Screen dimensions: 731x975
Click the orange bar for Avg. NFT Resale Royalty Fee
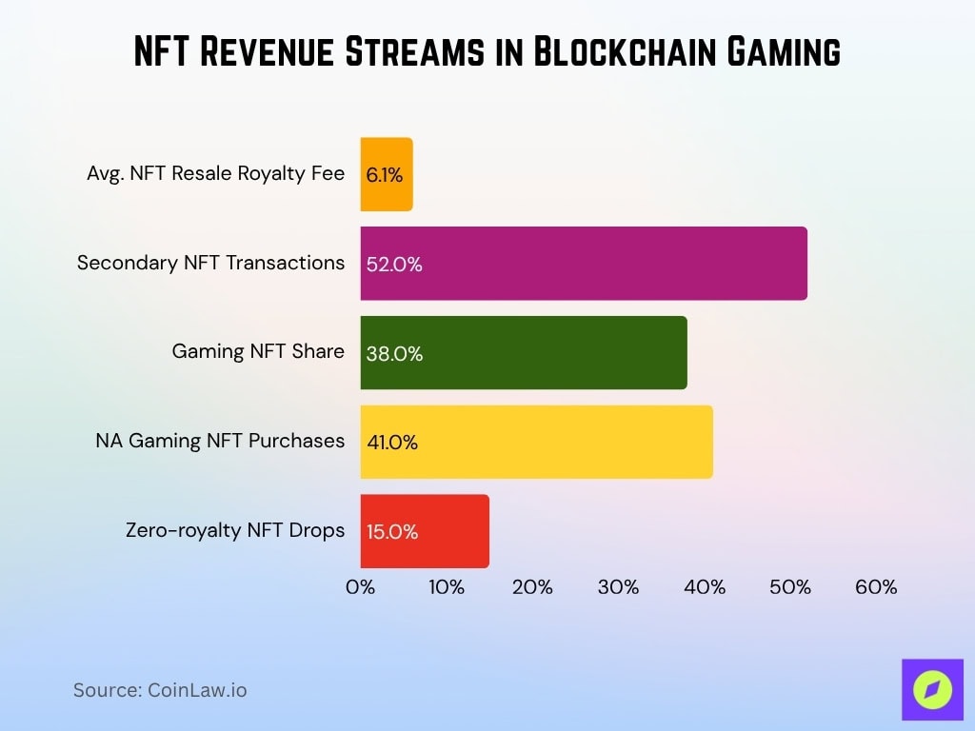[387, 174]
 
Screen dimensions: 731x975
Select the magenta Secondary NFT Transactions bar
[583, 264]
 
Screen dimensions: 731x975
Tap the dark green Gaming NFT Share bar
[523, 353]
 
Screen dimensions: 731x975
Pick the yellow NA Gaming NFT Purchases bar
[536, 442]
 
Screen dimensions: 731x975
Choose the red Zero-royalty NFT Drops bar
[425, 531]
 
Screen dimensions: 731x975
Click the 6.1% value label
[385, 176]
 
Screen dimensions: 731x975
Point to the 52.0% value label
[393, 266]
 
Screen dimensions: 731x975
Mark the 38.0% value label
[393, 354]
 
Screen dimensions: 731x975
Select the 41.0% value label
[392, 443]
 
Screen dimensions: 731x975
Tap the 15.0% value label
[392, 532]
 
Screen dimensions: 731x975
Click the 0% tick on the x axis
[360, 587]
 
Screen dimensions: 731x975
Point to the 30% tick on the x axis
[618, 587]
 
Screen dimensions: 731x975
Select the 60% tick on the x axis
[875, 587]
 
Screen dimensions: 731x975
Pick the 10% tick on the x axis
[446, 587]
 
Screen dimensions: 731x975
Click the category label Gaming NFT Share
[257, 351]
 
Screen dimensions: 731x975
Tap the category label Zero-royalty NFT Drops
[235, 530]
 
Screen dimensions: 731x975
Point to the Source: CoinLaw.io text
[160, 690]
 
